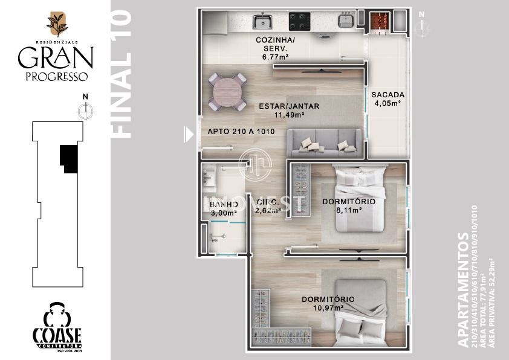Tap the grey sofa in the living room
(326, 142)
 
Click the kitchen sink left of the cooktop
(262, 22)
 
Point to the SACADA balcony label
(387, 95)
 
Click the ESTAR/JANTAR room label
(289, 106)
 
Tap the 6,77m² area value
(275, 57)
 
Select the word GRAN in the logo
(55, 58)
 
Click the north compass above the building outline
(86, 109)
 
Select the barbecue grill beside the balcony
(378, 21)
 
